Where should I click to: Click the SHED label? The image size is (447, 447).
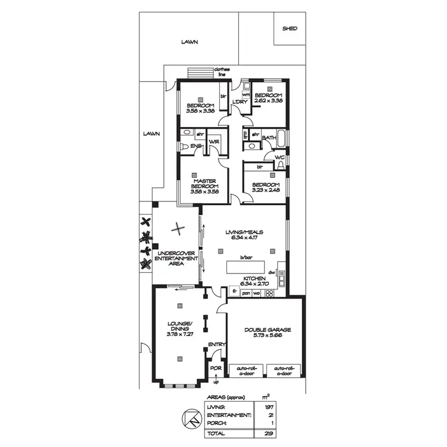(290, 28)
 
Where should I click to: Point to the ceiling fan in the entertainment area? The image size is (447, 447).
(178, 227)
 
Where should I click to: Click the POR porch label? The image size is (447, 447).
(216, 368)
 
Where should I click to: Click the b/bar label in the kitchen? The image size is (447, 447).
(244, 258)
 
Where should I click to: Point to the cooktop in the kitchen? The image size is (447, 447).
(268, 293)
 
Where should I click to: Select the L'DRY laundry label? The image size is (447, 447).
(240, 102)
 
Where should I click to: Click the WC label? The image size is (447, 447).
(280, 157)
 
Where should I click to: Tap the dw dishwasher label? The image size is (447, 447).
(271, 272)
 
